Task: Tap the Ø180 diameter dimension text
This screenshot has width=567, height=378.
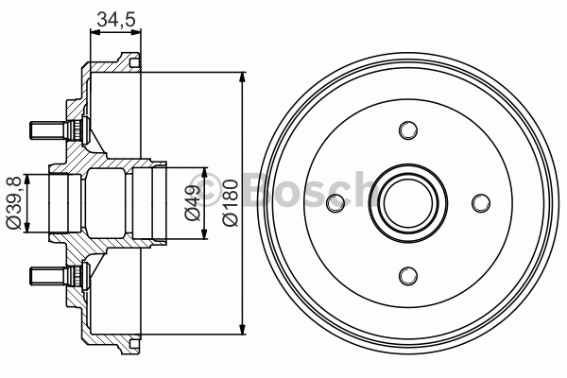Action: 228,201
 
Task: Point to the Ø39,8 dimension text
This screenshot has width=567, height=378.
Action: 14,201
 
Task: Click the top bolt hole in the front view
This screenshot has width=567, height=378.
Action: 407,129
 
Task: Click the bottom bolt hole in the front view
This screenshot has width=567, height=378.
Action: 407,275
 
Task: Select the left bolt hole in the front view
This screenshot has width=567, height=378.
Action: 335,202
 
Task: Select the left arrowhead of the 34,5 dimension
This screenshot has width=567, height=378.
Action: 93,30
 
